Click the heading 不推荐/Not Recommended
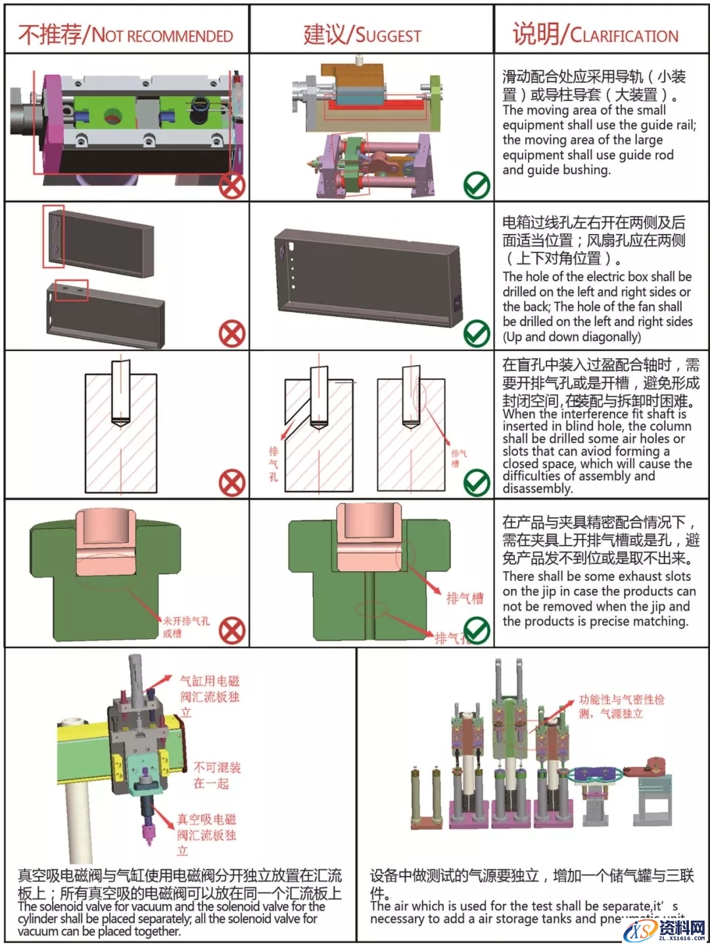click(x=126, y=34)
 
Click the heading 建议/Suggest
click(x=362, y=34)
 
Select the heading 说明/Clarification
click(x=595, y=34)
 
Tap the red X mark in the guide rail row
click(x=232, y=186)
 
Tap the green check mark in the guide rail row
click(x=477, y=186)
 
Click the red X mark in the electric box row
click(x=232, y=335)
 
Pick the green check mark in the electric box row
click(x=477, y=335)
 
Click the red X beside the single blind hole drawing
click(x=232, y=484)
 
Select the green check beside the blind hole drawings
click(x=477, y=484)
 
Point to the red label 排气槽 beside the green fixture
click(x=464, y=598)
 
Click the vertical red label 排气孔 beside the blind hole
click(x=273, y=464)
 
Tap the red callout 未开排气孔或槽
click(x=185, y=627)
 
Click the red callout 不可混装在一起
click(x=217, y=775)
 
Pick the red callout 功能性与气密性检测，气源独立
click(x=621, y=706)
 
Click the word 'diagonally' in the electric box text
click(x=610, y=337)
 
